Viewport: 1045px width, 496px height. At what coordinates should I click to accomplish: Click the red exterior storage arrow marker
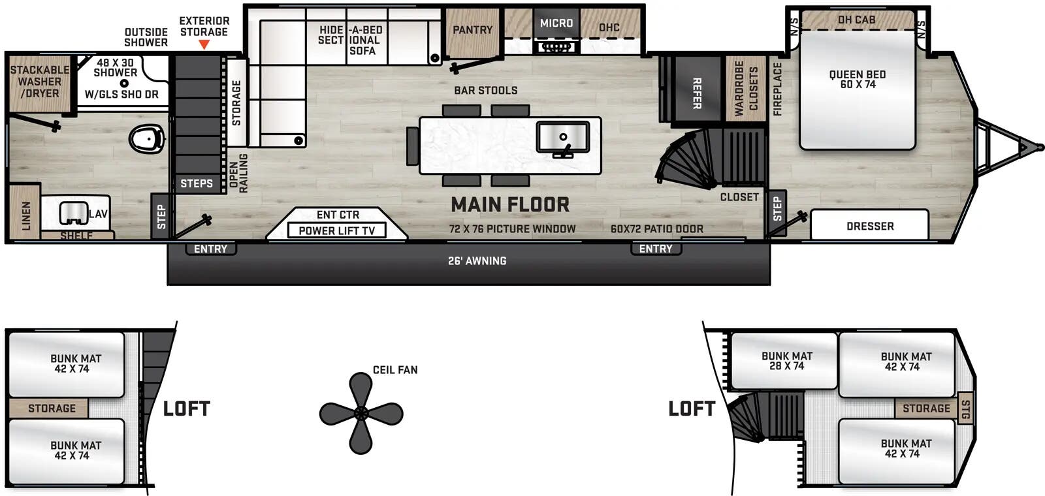point(204,44)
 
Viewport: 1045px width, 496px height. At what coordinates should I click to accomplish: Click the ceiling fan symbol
point(361,413)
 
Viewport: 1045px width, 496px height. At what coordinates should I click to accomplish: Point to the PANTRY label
point(472,30)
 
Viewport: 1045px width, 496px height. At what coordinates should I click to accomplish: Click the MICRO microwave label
point(556,23)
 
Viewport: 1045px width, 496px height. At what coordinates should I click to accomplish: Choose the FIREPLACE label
point(777,89)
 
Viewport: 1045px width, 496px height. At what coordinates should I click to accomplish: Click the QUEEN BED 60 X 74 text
point(857,79)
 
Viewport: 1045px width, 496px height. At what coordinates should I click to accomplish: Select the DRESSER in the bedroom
point(869,226)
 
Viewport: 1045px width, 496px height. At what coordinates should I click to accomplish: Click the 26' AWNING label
point(477,261)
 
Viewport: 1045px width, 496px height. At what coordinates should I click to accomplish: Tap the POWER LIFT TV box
point(336,230)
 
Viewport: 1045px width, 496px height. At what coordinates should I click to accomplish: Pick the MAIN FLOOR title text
point(510,205)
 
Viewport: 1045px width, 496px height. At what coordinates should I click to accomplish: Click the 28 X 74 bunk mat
point(786,361)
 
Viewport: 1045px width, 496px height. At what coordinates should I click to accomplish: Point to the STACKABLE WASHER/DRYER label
point(39,82)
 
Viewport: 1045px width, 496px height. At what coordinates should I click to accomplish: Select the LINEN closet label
point(26,215)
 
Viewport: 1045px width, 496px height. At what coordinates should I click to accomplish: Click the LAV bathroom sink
point(74,213)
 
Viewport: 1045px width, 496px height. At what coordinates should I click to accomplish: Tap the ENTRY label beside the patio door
point(655,249)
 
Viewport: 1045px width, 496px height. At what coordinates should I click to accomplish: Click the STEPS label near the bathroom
point(197,183)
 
